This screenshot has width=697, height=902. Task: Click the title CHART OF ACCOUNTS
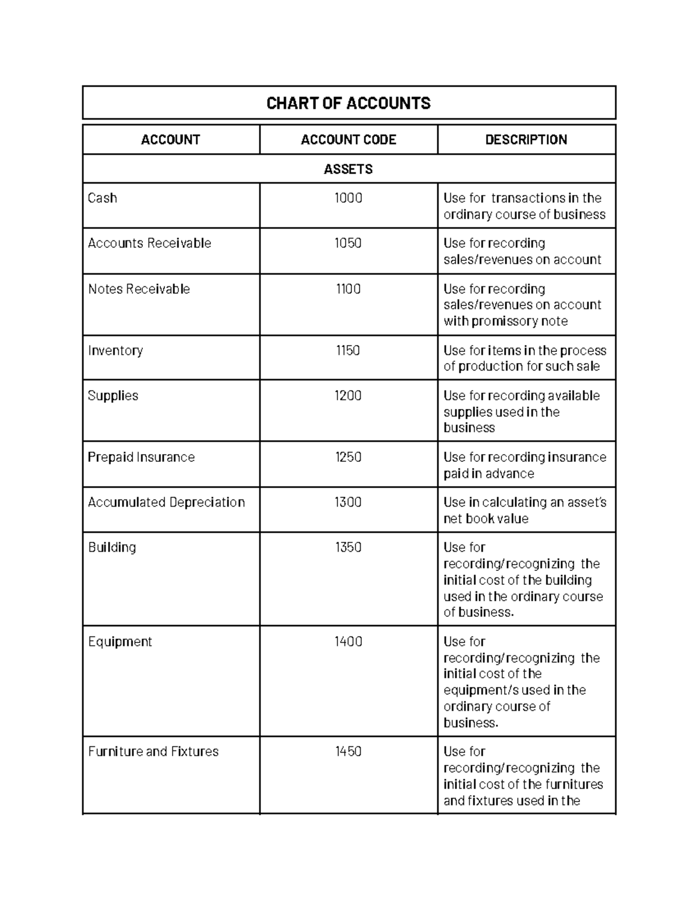348,103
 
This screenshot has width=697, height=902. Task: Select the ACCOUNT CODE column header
348,140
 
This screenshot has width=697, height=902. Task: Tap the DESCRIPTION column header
526,140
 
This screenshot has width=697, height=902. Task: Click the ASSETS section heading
348,170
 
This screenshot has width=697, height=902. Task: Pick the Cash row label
102,198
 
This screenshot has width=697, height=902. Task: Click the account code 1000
348,198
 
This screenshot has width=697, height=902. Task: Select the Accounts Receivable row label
149,243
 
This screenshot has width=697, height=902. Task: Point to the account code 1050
348,243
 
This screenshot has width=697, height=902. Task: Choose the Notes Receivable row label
139,289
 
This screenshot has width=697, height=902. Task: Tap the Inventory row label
115,351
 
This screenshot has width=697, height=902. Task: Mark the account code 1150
348,351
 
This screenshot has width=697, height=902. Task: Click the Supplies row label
113,396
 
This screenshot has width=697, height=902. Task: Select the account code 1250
348,458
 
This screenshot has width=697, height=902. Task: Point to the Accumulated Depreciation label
166,502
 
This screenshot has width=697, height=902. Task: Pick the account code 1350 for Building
348,548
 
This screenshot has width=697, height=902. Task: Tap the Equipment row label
120,642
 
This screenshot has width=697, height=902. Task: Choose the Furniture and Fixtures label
153,752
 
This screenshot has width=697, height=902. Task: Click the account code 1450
348,752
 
